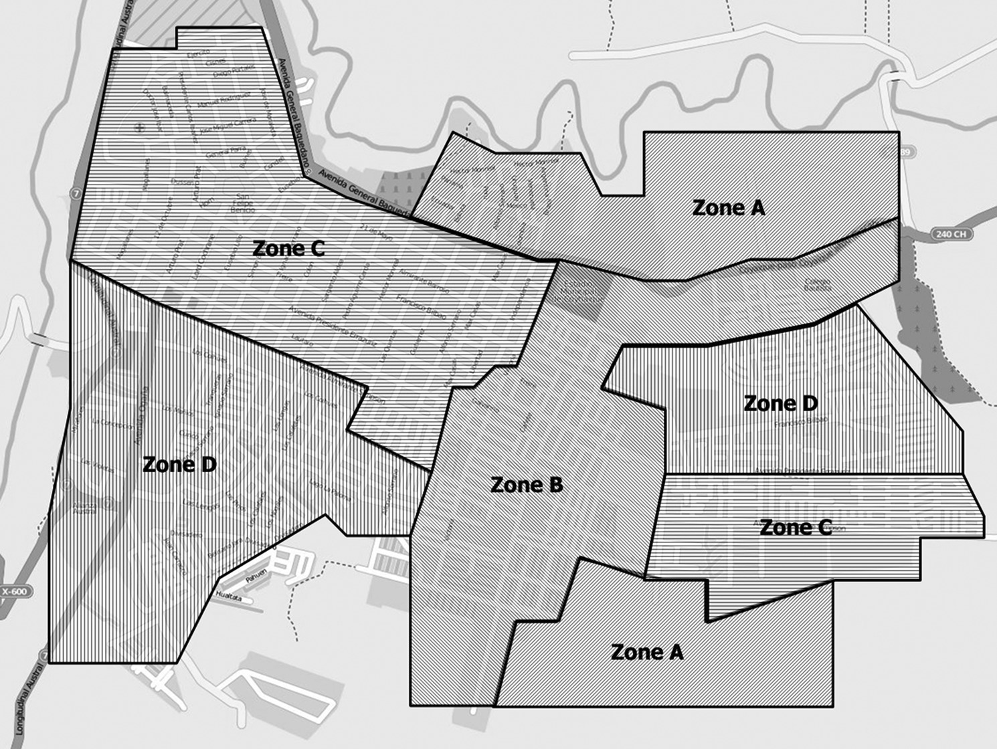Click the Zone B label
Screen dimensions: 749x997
point(527,485)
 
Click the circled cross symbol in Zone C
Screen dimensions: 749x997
point(140,126)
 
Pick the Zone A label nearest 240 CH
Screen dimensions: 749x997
point(728,208)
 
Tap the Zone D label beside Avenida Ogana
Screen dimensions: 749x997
point(179,465)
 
